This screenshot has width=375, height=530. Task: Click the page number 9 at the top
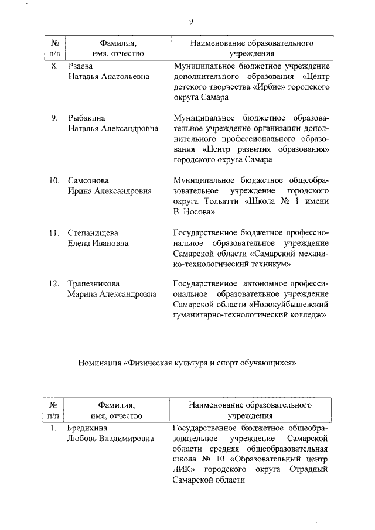tap(191, 22)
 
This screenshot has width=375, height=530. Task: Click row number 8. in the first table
tap(54, 66)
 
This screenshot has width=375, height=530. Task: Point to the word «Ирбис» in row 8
tap(269, 87)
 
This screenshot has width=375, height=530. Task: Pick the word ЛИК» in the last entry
tap(185, 470)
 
